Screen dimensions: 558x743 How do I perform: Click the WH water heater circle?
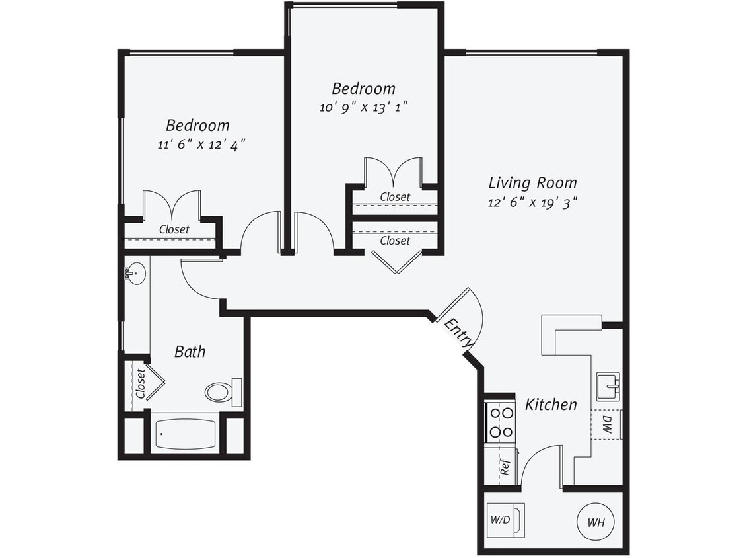(596, 522)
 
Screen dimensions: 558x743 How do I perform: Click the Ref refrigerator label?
(505, 468)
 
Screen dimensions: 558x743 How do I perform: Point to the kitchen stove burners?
(501, 422)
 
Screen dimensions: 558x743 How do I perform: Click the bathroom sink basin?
(137, 274)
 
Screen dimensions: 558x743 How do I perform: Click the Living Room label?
(532, 182)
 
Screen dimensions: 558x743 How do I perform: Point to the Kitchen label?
(551, 404)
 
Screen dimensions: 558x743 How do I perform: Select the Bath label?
(190, 352)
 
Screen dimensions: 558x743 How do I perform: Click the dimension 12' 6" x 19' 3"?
(532, 203)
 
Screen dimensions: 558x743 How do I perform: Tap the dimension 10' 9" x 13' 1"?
(363, 107)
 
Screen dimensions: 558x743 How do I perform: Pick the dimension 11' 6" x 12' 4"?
(197, 144)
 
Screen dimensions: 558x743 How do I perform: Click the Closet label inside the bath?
(140, 383)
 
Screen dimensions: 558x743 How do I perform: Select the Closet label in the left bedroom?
(174, 229)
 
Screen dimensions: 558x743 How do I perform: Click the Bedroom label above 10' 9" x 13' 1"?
(363, 88)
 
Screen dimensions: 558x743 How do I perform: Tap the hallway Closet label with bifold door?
(395, 241)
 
